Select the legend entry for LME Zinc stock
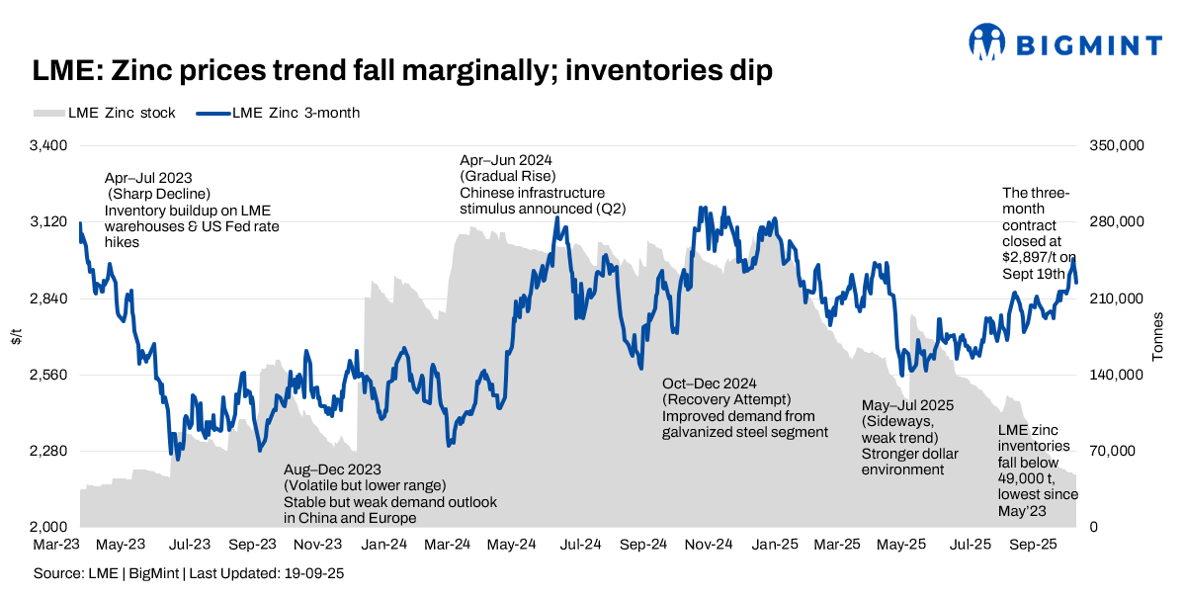coord(105,113)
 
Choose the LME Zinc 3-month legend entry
coord(278,113)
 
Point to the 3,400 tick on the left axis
coord(48,145)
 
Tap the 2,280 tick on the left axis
coord(48,452)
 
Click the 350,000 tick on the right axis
coord(1116,145)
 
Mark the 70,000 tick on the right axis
coord(1112,452)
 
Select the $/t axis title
coord(16,336)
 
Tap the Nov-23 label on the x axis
coord(319,545)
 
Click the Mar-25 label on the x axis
coord(839,545)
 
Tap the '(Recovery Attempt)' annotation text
coord(725,399)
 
